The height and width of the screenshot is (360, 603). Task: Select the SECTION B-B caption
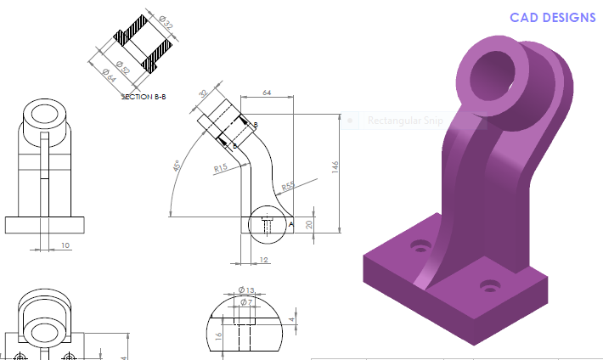pos(144,97)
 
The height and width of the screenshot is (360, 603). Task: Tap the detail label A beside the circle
pos(291,225)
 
